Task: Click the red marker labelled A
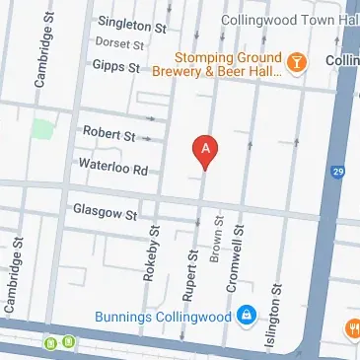coord(205,150)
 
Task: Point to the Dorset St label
coord(120,43)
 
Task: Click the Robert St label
coord(108,133)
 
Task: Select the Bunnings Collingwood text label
coord(163,318)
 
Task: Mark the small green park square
coord(41,129)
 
